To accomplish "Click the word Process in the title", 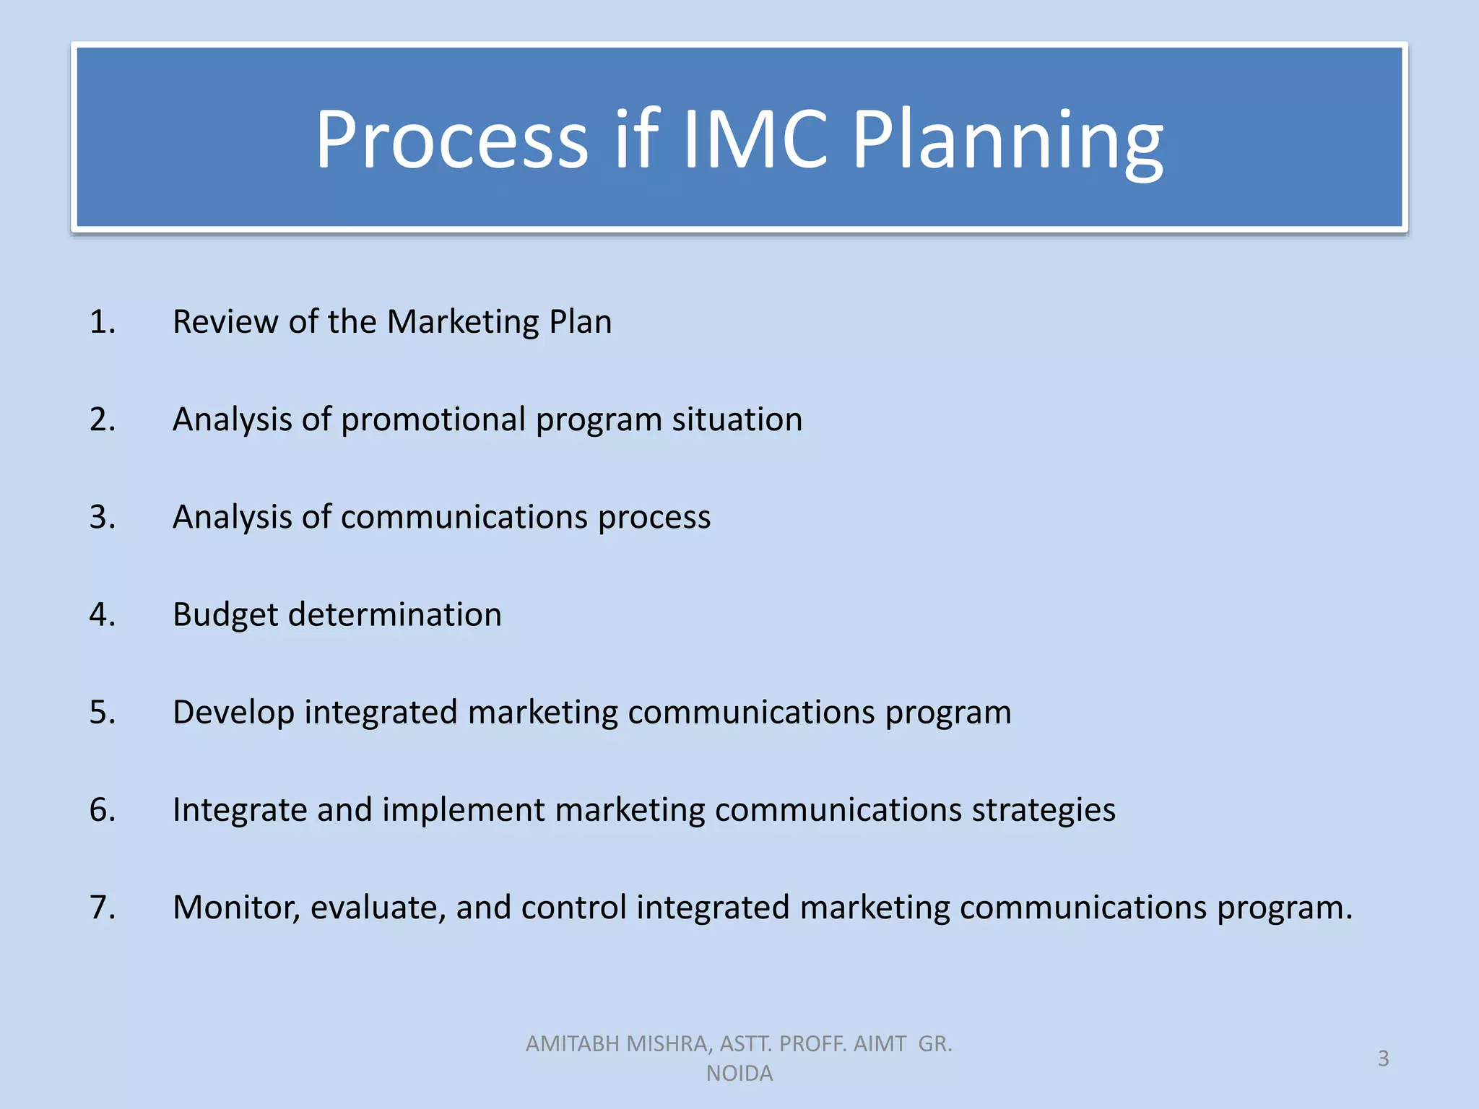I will point(452,139).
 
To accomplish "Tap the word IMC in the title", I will point(754,139).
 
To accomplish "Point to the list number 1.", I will point(102,321).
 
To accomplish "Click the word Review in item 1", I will point(225,321).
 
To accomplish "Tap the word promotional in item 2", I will point(433,420).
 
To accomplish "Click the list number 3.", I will point(102,517).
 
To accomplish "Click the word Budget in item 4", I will point(225,615).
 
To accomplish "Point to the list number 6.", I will point(102,809).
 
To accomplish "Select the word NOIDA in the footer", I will point(739,1074).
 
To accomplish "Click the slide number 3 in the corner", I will point(1383,1058).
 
